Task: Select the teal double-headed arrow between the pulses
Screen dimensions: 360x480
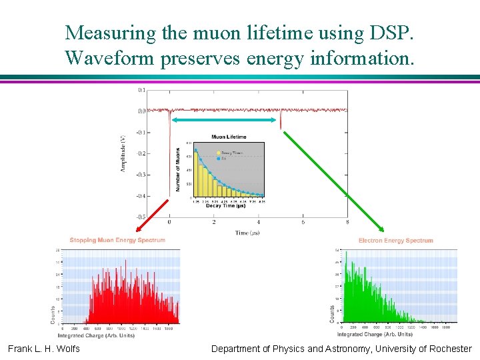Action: (224, 120)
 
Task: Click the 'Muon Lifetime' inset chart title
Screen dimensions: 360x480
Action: (229, 137)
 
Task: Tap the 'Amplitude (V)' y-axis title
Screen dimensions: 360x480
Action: (123, 153)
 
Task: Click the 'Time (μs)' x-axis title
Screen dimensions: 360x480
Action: (247, 233)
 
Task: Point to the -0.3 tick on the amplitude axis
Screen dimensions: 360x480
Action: (141, 175)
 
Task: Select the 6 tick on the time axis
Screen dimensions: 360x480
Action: (303, 223)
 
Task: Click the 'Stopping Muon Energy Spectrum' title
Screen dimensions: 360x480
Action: (117, 240)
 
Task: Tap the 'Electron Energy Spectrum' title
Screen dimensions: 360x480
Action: (395, 241)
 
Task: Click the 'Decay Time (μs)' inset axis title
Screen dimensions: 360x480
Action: (225, 206)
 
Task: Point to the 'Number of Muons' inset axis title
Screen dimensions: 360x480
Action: (178, 169)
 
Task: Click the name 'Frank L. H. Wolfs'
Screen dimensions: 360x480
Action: (44, 349)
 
